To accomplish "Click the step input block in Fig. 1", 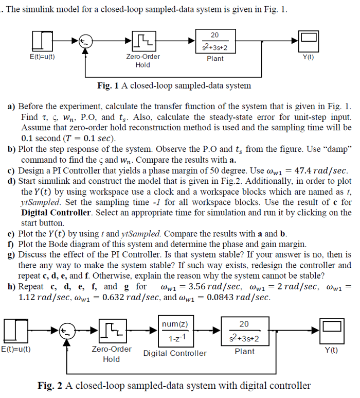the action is click(x=42, y=41).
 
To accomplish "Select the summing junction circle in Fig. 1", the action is click(x=85, y=42).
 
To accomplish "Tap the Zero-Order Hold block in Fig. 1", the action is click(x=144, y=41).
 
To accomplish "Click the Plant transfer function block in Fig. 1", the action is click(x=215, y=41).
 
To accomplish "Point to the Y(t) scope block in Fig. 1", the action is click(x=308, y=41).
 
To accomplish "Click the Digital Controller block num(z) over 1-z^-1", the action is click(x=176, y=331).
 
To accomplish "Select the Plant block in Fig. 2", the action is click(x=245, y=331).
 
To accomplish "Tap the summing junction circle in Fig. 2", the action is click(x=67, y=331).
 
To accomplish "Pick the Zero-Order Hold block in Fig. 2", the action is click(x=113, y=331).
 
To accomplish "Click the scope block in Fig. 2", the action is click(x=332, y=331).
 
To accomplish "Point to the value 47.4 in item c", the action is click(x=303, y=170).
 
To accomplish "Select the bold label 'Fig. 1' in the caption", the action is click(x=108, y=85).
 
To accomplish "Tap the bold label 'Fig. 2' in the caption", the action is click(x=50, y=386).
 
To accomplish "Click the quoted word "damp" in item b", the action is click(x=339, y=149).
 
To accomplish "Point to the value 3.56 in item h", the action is click(x=197, y=286).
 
